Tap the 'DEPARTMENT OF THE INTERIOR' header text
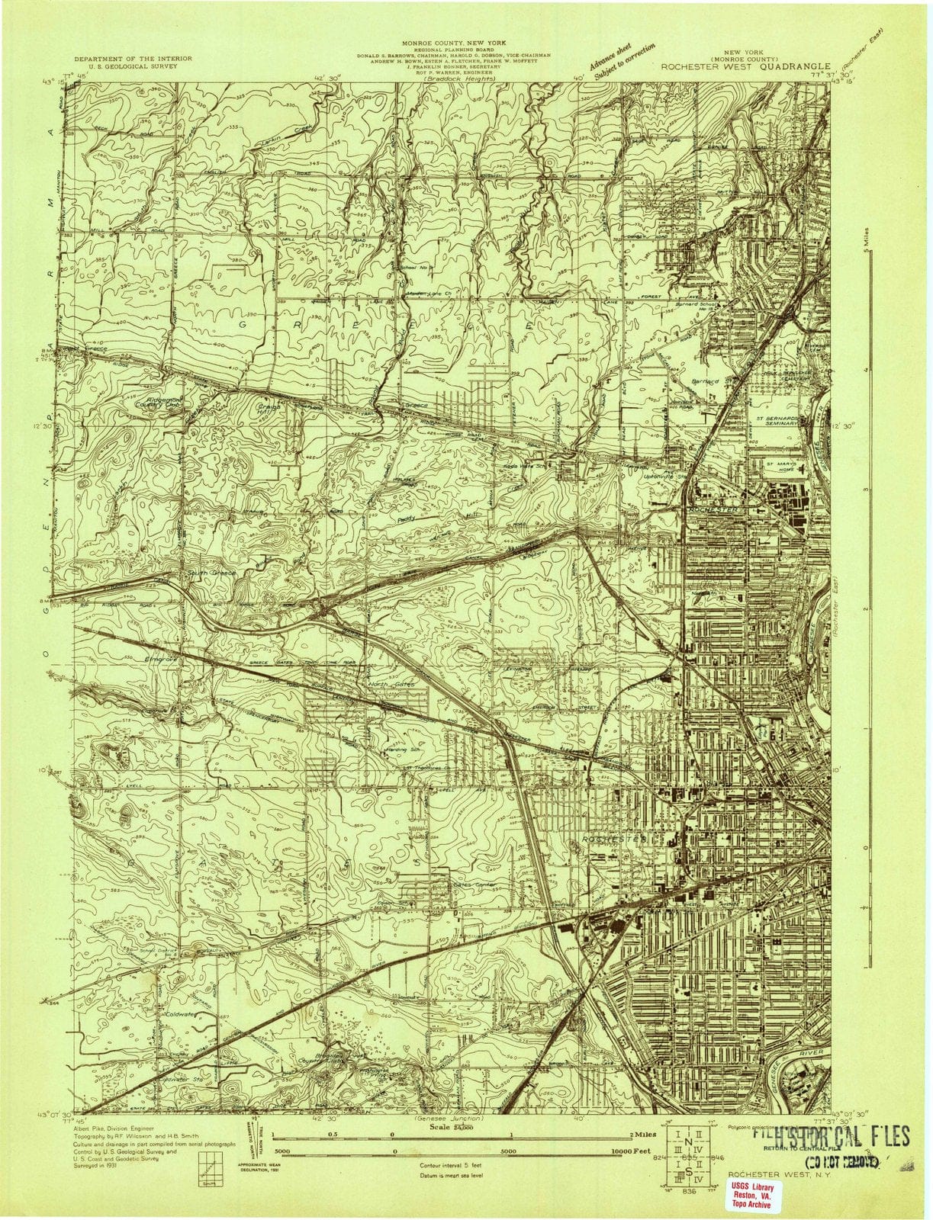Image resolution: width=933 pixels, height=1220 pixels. (x=133, y=59)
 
